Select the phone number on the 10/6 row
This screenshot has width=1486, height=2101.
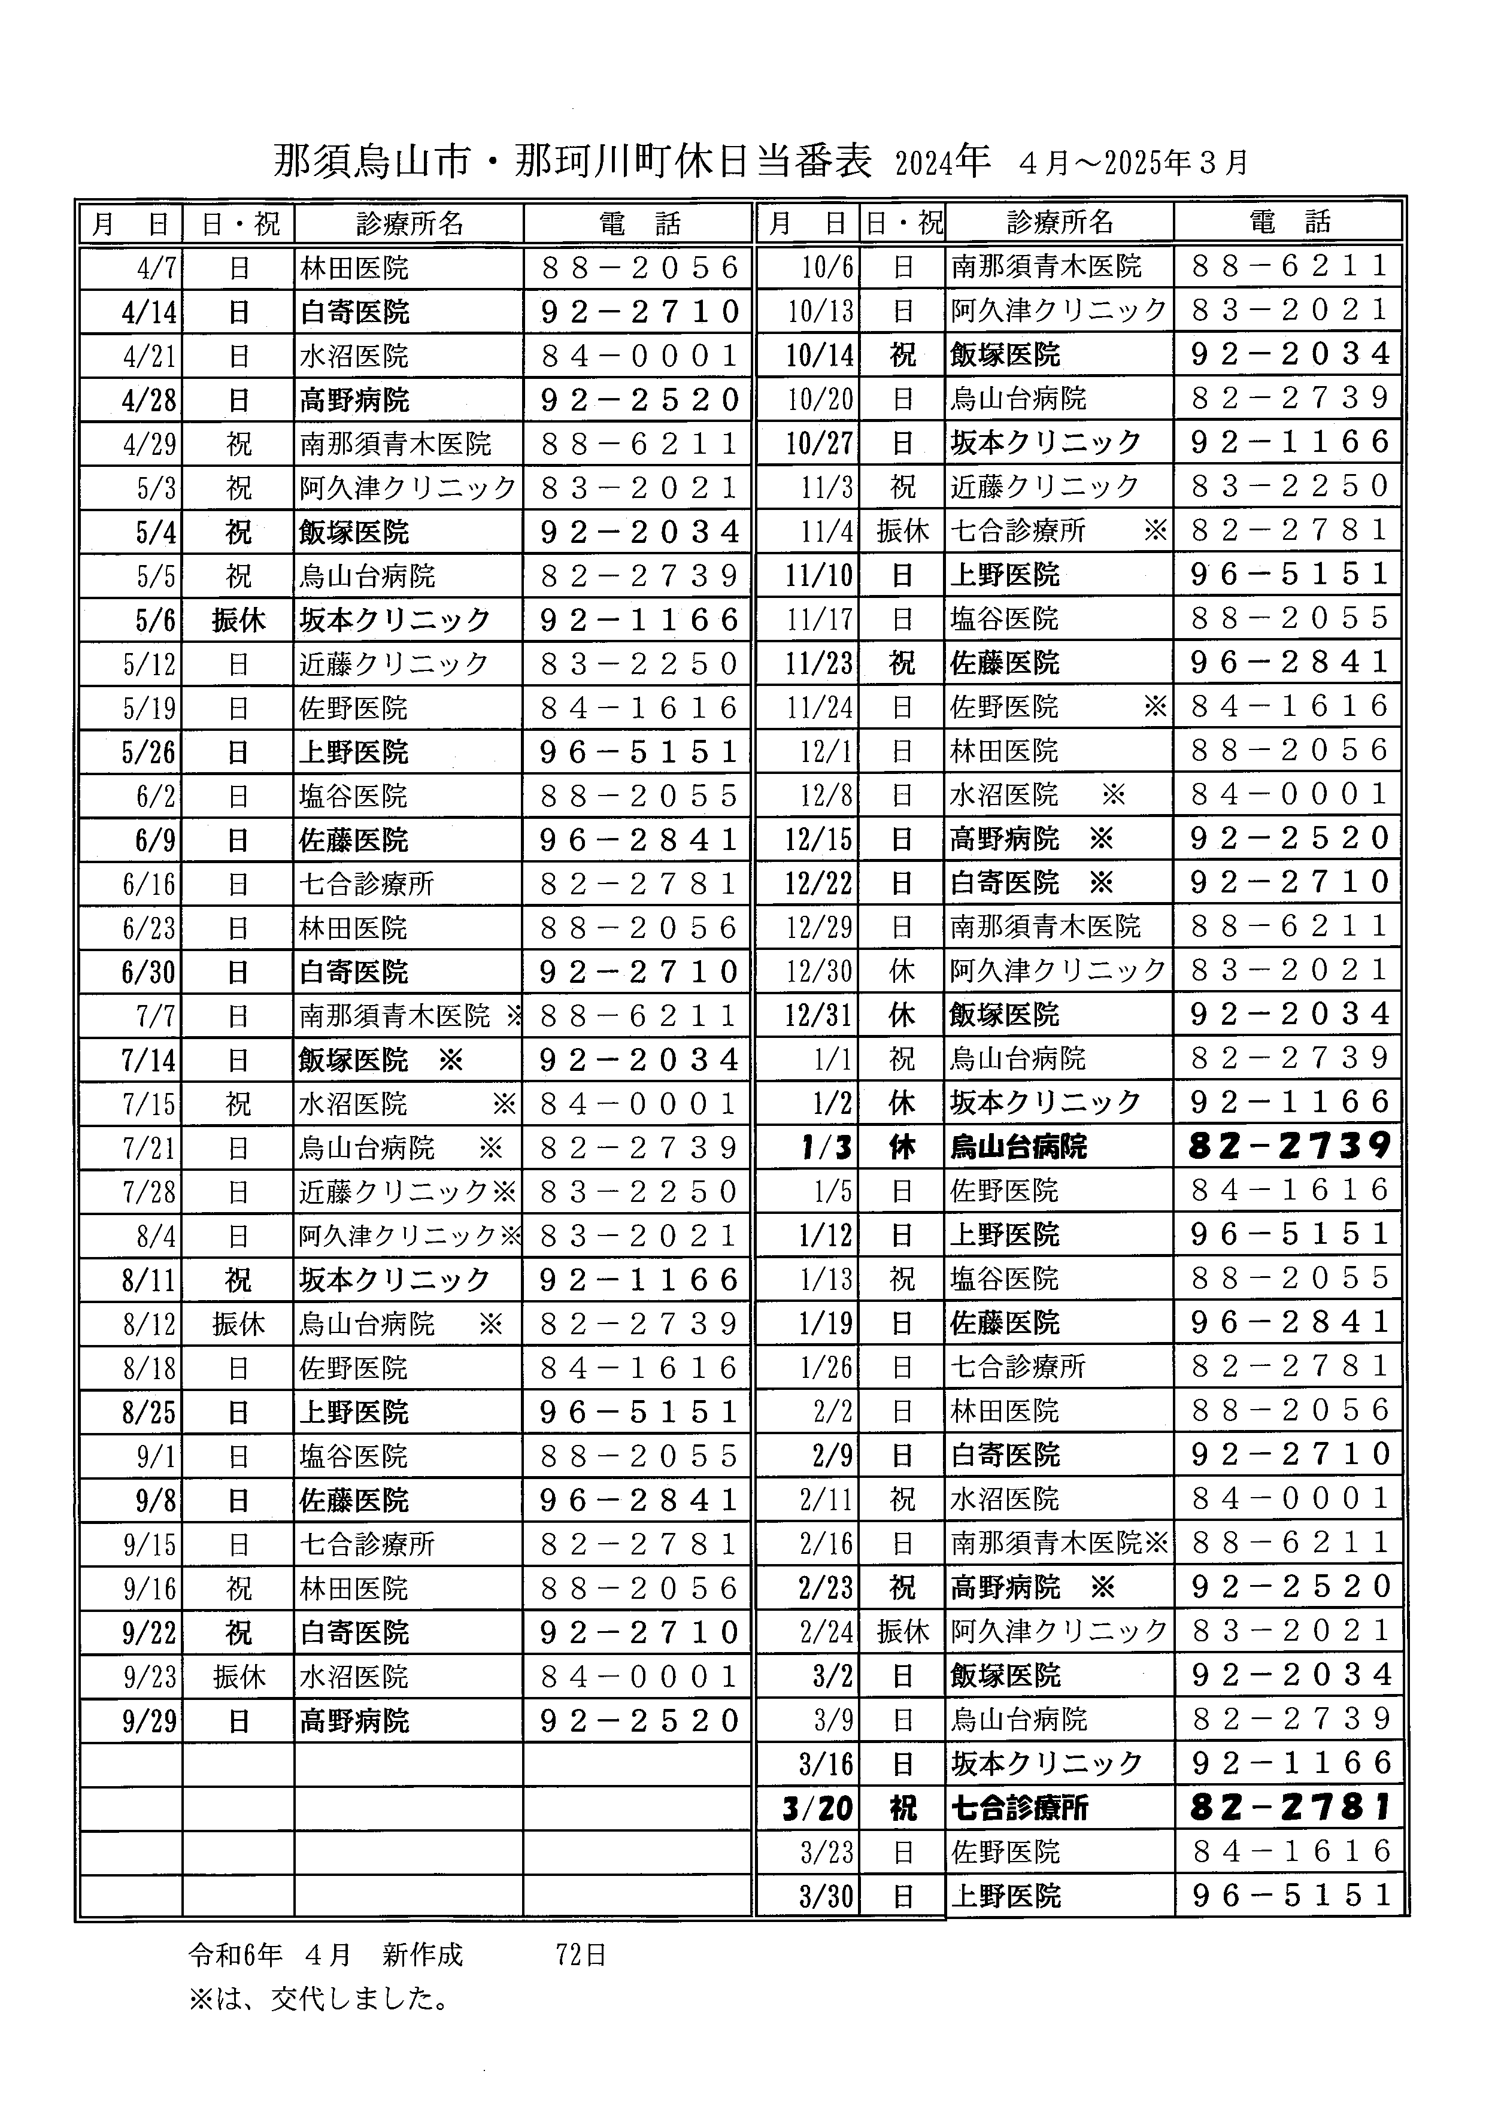click(x=1290, y=266)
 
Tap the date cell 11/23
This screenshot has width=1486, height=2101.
click(x=819, y=663)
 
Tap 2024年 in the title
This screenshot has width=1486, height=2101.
click(x=942, y=162)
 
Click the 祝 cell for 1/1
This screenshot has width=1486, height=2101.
click(x=902, y=1059)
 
